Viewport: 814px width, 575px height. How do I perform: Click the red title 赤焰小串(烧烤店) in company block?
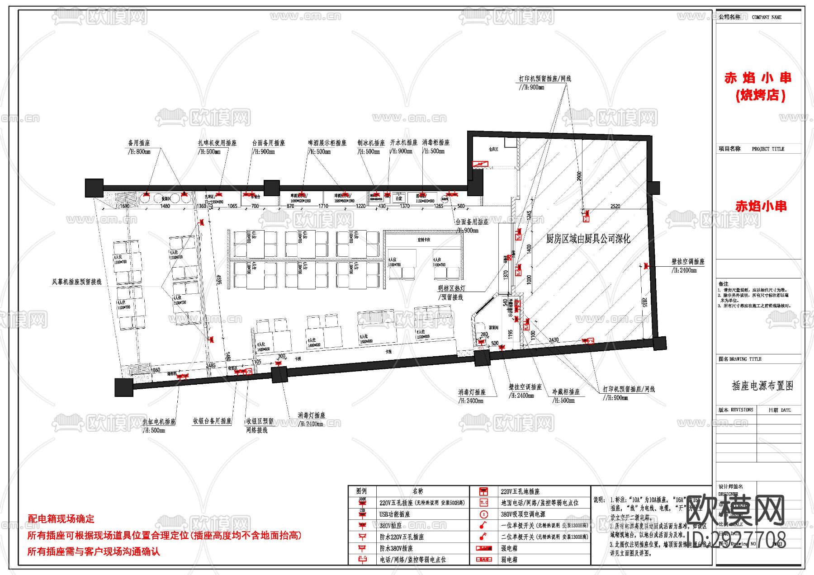click(758, 86)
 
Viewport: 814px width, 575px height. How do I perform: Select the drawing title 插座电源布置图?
click(762, 386)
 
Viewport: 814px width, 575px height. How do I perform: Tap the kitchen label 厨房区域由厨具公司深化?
click(588, 239)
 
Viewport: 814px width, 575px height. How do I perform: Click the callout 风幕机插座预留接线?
click(77, 282)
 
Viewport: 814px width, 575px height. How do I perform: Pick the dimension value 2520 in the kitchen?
click(615, 206)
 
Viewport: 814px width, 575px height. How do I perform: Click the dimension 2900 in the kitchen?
click(579, 176)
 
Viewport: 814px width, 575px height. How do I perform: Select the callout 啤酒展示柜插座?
click(327, 143)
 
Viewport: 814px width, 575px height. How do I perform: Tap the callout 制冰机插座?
click(371, 143)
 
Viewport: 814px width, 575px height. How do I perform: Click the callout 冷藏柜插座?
click(566, 392)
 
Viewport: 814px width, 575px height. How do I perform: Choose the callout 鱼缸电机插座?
click(159, 422)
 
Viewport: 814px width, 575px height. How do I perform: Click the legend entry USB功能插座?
click(394, 514)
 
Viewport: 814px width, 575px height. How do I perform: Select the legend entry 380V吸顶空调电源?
click(523, 514)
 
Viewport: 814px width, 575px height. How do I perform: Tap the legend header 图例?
click(361, 491)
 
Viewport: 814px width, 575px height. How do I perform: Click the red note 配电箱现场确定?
click(61, 519)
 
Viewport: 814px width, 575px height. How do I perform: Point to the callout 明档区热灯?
click(451, 288)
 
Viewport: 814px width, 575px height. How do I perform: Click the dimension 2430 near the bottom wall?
click(554, 339)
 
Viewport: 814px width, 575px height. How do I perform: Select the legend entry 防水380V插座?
click(396, 548)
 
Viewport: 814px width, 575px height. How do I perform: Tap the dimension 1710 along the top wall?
click(323, 206)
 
